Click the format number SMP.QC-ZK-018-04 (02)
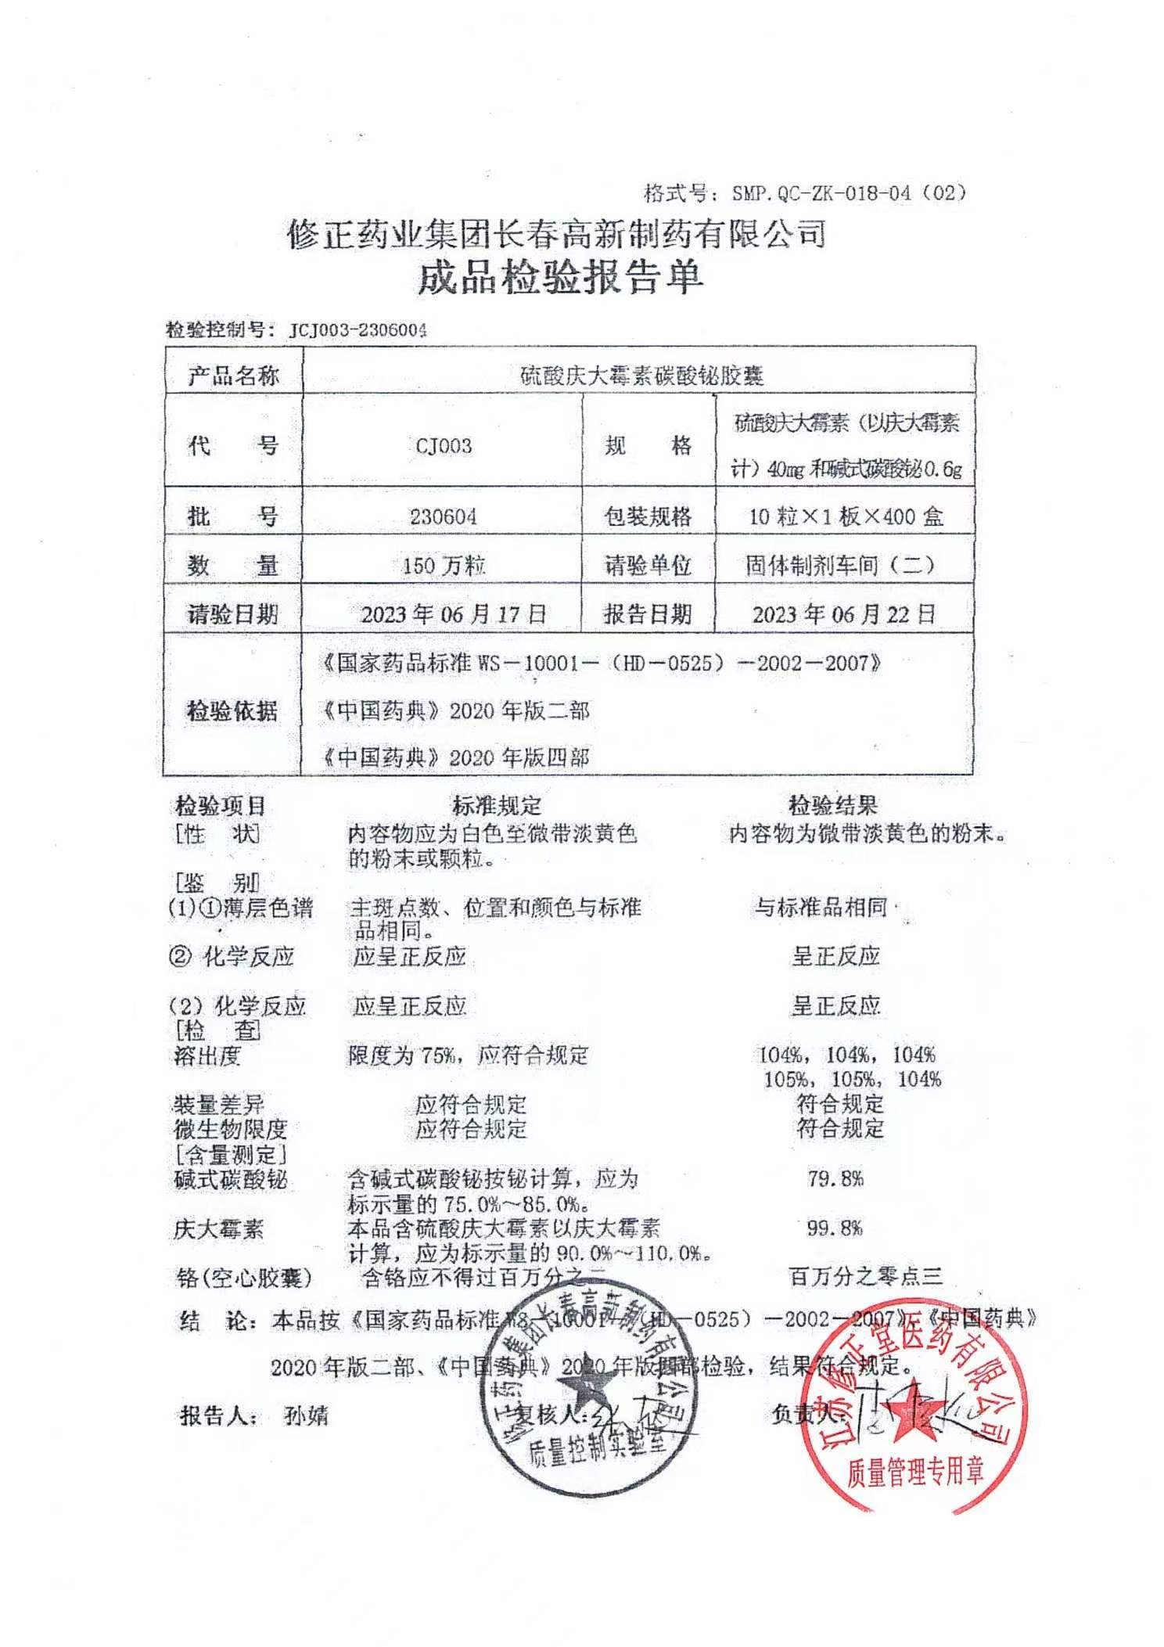tap(848, 193)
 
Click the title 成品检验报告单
tap(560, 278)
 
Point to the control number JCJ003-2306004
tap(358, 330)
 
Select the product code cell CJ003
tap(444, 446)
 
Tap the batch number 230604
tap(443, 516)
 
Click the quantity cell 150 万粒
tap(444, 565)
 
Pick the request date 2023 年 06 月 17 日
tap(453, 614)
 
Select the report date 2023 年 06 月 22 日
tap(844, 614)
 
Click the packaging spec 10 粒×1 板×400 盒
tap(846, 516)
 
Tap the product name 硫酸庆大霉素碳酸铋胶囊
tap(641, 376)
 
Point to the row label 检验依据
tap(232, 710)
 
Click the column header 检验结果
tap(832, 805)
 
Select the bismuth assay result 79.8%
tap(835, 1178)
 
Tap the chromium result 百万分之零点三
tap(865, 1278)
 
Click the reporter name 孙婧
tap(307, 1415)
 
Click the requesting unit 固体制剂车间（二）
tap(839, 565)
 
